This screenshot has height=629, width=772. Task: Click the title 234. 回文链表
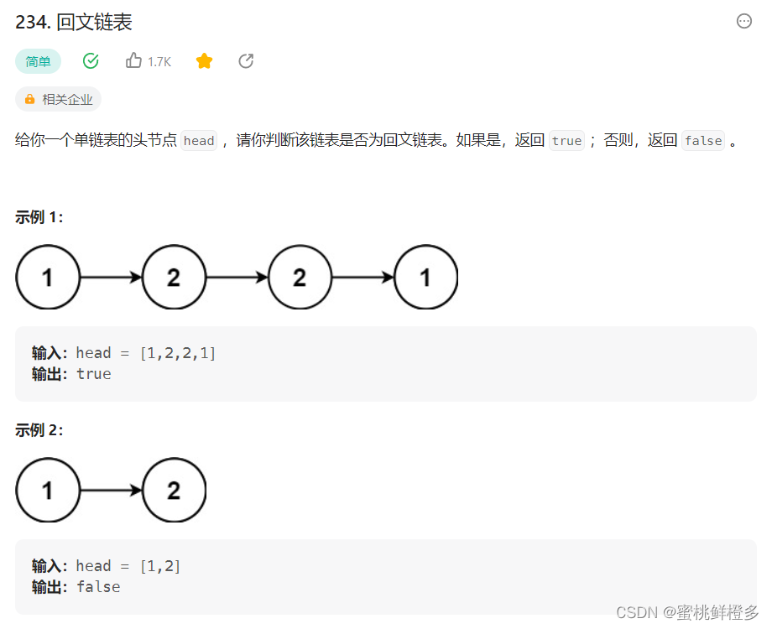(74, 23)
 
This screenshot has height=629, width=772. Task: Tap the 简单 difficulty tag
(38, 61)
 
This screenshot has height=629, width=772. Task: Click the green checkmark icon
(91, 60)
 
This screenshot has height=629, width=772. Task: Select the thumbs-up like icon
(133, 60)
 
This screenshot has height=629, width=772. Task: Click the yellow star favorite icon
(204, 60)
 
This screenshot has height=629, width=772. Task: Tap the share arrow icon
(246, 60)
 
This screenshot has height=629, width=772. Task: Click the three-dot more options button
(743, 22)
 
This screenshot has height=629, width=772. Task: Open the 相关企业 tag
(58, 99)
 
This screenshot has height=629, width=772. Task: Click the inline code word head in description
(199, 141)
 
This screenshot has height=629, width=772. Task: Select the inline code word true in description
(566, 141)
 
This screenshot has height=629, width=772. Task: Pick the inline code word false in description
(703, 141)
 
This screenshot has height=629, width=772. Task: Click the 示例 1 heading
(39, 217)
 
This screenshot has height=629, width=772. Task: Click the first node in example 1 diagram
(48, 278)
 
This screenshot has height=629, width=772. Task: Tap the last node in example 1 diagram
(425, 278)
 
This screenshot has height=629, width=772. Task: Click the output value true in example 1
(93, 374)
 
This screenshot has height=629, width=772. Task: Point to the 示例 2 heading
(39, 430)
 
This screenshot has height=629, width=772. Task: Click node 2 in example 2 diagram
(174, 491)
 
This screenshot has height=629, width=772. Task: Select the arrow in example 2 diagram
(111, 491)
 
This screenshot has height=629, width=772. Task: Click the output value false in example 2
(98, 587)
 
